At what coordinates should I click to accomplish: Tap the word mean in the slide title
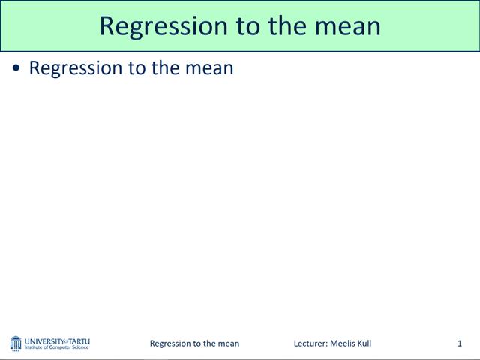[x=346, y=25]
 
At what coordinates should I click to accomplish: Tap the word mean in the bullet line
[x=211, y=67]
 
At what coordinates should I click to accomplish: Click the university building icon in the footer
[x=16, y=343]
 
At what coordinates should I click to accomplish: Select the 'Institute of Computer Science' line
[x=57, y=348]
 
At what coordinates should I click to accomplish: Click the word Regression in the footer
[x=172, y=343]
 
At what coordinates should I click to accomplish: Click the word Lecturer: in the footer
[x=310, y=343]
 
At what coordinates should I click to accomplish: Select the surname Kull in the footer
[x=364, y=343]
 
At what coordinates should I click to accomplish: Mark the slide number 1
[x=459, y=343]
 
